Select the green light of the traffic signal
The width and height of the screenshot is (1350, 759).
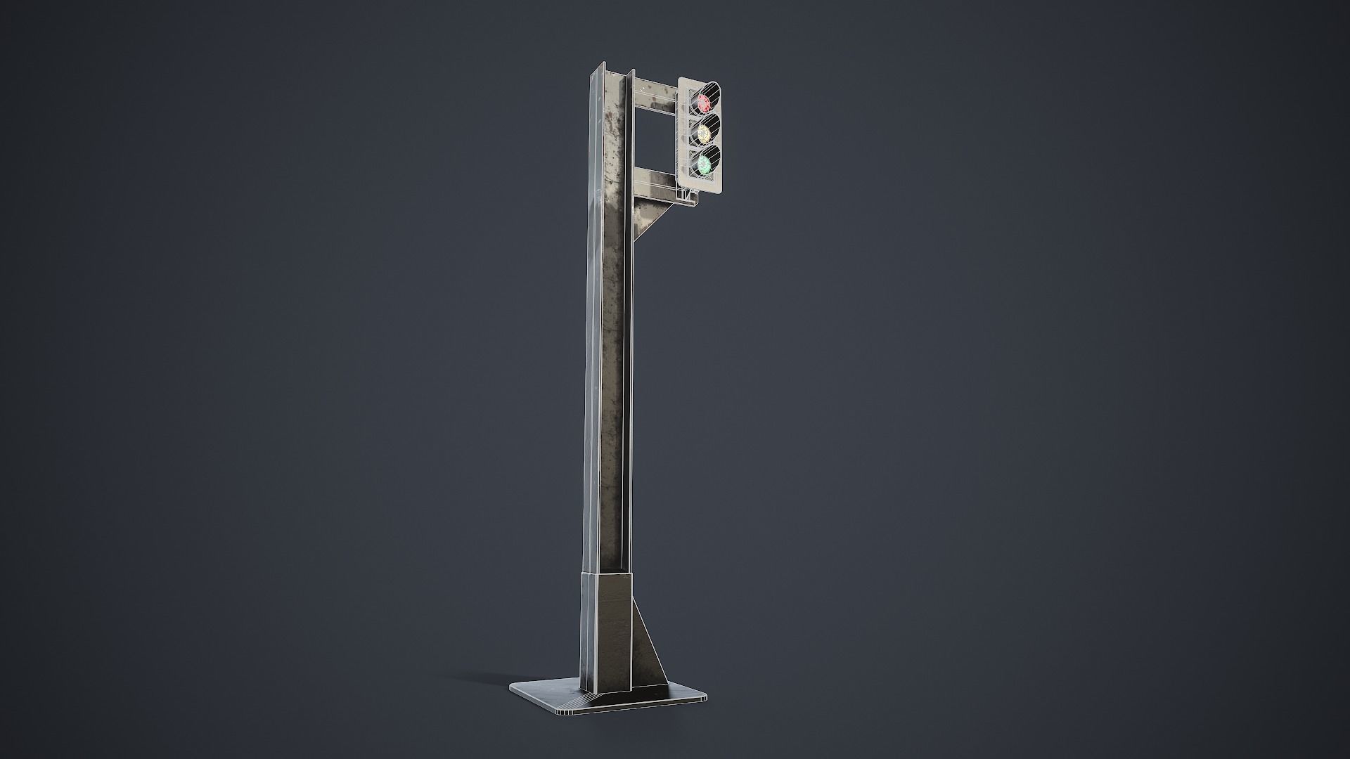(704, 164)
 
